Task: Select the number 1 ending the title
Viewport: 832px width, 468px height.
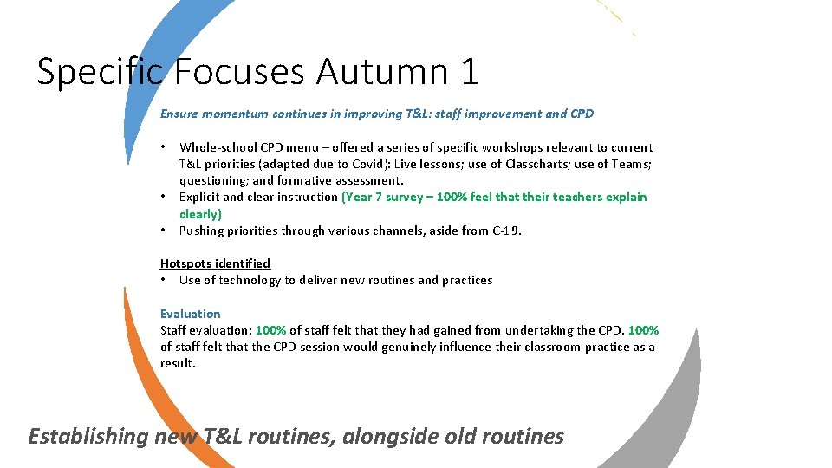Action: coord(469,71)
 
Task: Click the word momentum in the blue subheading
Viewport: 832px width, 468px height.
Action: coord(235,114)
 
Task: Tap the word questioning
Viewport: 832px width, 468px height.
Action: coord(213,180)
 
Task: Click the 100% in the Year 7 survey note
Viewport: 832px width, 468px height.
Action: coord(453,197)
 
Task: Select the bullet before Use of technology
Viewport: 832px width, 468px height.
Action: coord(164,280)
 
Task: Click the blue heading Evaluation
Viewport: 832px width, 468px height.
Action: coord(191,314)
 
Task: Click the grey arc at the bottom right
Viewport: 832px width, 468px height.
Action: coord(677,407)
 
